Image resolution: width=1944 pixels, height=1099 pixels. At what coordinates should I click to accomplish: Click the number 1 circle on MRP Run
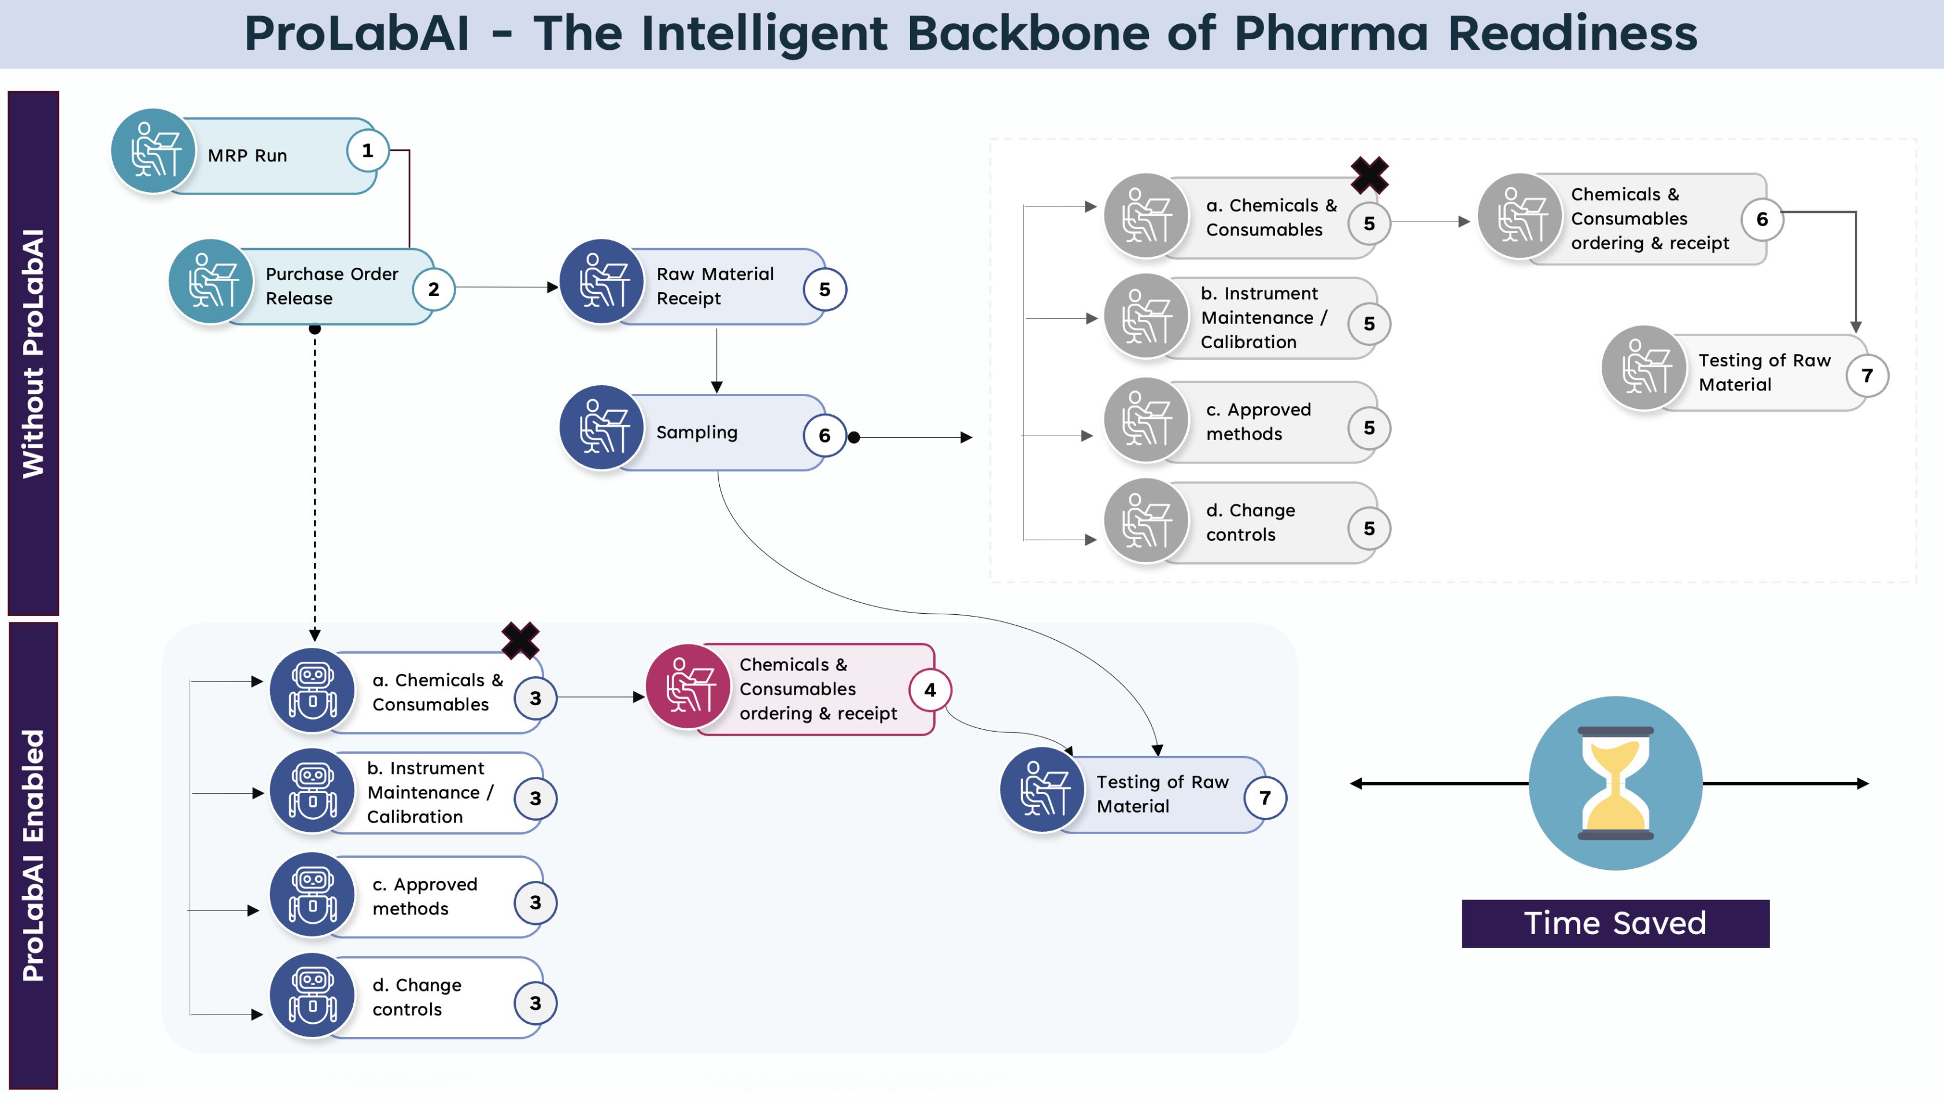click(368, 151)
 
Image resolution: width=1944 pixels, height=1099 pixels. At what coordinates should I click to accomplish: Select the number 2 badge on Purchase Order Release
click(433, 289)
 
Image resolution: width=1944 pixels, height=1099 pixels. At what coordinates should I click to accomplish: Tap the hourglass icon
click(1615, 784)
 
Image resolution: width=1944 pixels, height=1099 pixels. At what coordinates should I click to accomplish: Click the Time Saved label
click(1615, 923)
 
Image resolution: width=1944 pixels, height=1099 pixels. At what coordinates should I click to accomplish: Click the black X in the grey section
click(1369, 175)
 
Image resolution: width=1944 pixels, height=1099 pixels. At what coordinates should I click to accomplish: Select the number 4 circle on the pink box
click(930, 690)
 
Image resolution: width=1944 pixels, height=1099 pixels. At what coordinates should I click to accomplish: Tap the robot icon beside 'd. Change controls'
click(312, 995)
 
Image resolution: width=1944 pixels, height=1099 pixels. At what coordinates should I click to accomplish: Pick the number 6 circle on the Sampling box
click(824, 436)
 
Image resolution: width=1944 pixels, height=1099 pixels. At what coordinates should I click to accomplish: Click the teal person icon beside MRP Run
click(153, 151)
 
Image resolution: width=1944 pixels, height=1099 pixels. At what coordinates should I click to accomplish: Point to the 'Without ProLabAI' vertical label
click(33, 353)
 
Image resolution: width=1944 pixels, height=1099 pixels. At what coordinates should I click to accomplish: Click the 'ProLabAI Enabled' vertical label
click(33, 855)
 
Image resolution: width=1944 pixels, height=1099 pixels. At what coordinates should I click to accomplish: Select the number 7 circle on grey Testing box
click(1867, 376)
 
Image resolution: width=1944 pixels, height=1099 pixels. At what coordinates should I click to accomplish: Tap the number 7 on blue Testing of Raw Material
click(1265, 798)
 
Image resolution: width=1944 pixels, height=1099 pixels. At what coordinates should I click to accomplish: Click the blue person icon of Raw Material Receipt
click(601, 282)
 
